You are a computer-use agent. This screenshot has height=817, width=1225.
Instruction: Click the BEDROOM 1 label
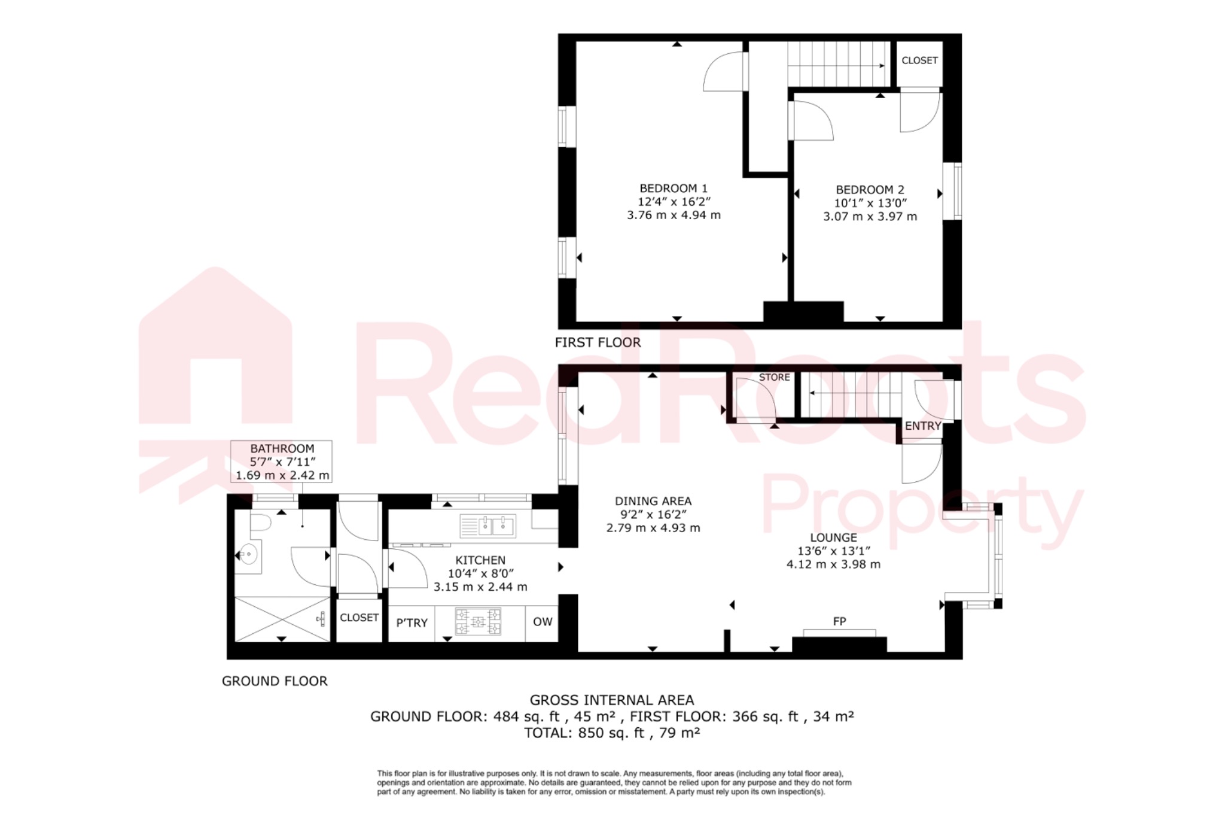point(674,189)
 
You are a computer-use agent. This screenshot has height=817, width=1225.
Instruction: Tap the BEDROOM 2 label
point(870,190)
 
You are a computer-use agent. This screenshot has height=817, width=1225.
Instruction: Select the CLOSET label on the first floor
point(919,60)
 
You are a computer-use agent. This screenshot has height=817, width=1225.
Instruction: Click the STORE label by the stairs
point(774,378)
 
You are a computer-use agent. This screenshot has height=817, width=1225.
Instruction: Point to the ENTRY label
point(922,426)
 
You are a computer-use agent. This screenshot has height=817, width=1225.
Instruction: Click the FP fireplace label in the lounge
point(839,622)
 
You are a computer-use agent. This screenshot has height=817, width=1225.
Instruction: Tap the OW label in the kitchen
point(543,622)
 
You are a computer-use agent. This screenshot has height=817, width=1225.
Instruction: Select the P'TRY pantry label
point(412,623)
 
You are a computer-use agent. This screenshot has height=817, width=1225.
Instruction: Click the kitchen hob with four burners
point(478,621)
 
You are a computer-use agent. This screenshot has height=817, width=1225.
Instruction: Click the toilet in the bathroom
point(260,524)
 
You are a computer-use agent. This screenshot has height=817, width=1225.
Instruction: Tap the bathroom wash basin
point(248,555)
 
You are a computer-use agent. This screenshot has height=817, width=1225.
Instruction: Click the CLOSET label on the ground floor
point(359,618)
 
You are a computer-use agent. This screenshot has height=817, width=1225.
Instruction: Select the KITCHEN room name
point(480,560)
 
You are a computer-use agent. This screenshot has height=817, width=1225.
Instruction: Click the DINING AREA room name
point(653,501)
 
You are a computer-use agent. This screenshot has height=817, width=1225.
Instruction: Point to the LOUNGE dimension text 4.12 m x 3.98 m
point(833,564)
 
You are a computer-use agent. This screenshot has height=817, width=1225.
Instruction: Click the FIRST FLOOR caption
point(598,342)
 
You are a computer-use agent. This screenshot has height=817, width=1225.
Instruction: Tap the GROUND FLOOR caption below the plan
point(275,681)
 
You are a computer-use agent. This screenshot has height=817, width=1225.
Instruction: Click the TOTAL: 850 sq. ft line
point(612,733)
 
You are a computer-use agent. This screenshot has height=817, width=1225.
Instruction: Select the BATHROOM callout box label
point(282,448)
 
